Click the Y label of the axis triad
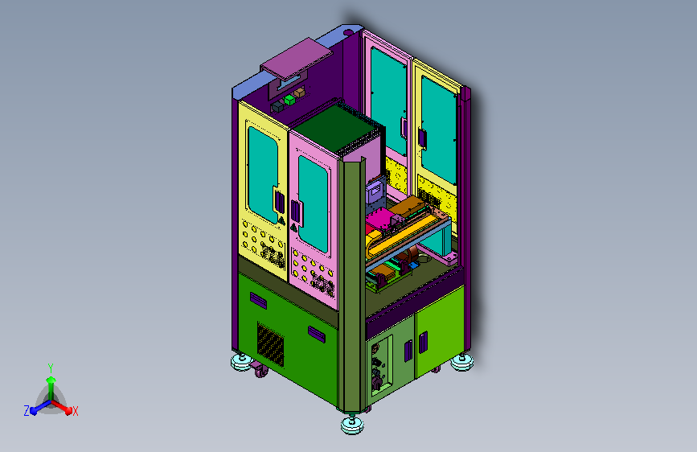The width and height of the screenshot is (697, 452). click(51, 368)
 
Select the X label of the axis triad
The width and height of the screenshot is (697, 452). click(75, 411)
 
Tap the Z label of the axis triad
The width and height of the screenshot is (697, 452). click(27, 411)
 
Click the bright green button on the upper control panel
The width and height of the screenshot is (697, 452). click(289, 100)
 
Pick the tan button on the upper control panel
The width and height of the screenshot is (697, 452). click(299, 92)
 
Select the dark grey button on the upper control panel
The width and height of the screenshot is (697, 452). click(277, 107)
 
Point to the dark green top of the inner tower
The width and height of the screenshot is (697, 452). click(338, 126)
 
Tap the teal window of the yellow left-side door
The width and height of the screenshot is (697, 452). click(263, 175)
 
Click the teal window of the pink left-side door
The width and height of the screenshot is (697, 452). click(313, 203)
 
